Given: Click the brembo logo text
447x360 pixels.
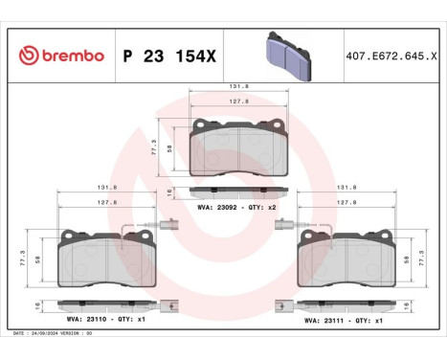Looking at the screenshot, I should [67, 56].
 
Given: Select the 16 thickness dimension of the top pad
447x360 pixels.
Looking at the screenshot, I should [169, 192].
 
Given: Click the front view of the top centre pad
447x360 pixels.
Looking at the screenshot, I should [238, 147].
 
